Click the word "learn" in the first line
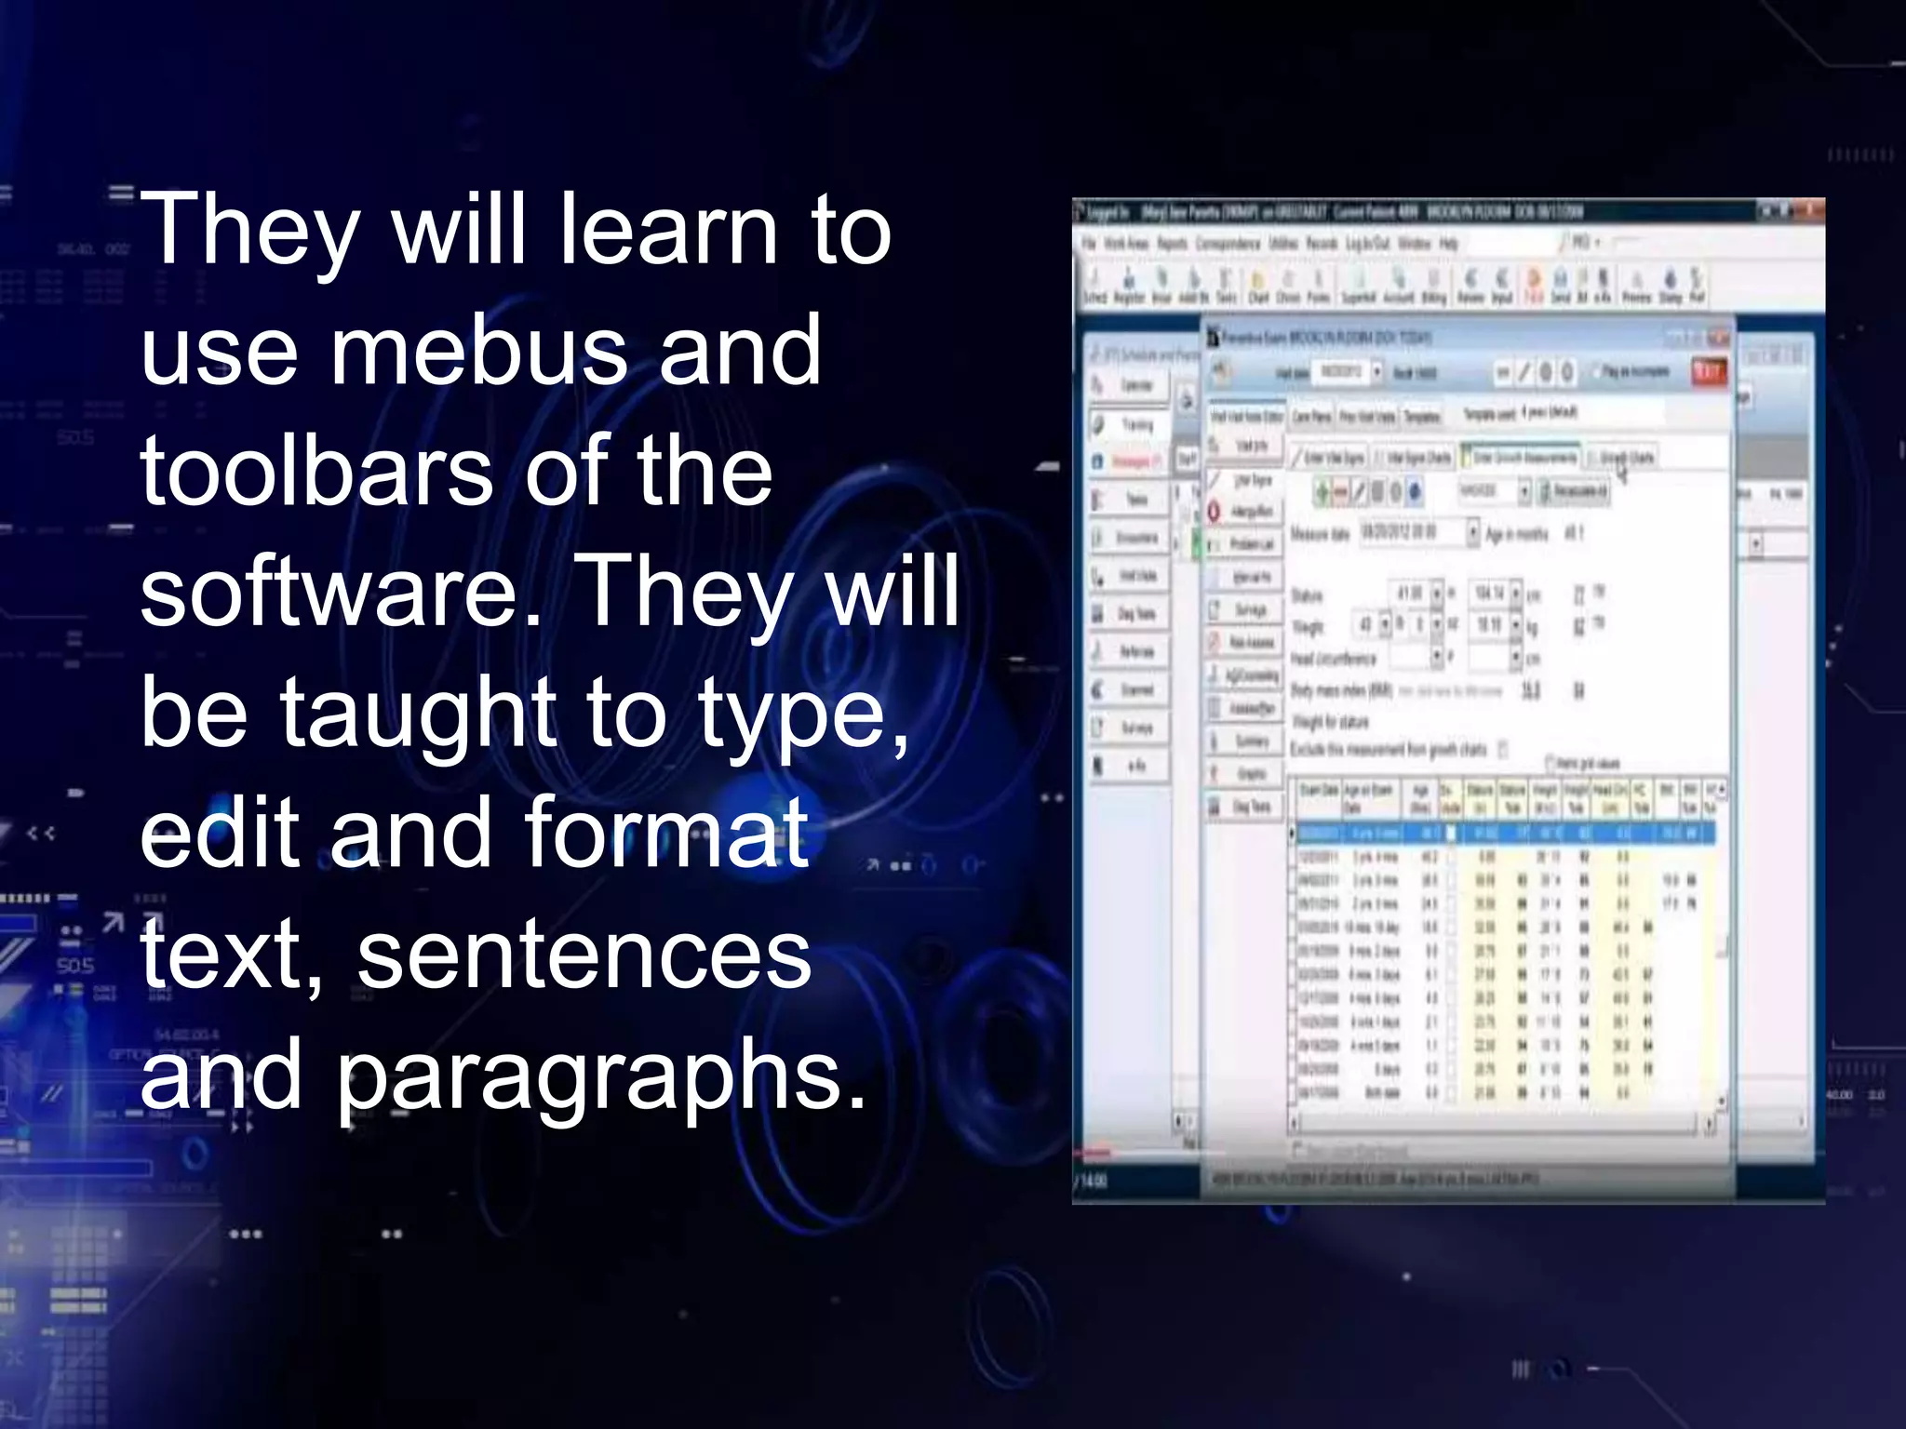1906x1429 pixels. [666, 229]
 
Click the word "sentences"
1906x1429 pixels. [584, 955]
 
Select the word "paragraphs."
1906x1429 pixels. [600, 1077]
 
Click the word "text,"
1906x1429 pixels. [232, 955]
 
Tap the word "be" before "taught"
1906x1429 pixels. [194, 713]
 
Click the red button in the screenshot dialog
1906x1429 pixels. [1708, 373]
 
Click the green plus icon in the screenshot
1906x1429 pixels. [1322, 491]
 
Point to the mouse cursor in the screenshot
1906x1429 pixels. [1622, 473]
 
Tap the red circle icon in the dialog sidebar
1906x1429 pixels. [1215, 512]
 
